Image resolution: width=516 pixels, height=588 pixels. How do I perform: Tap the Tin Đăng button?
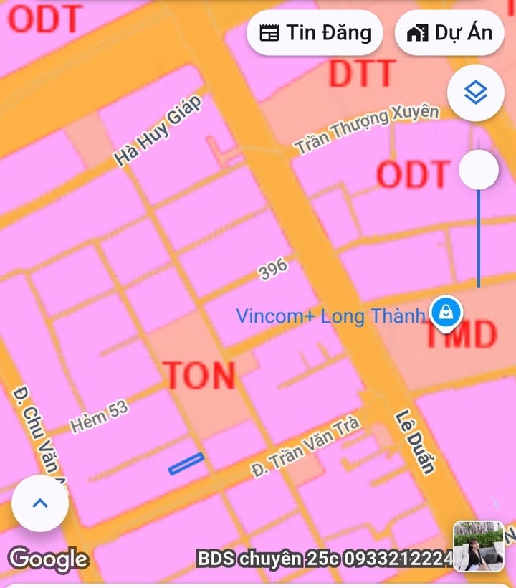click(x=315, y=33)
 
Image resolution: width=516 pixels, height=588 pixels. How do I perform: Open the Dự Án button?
click(x=449, y=33)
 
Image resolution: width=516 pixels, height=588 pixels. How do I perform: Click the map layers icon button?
click(x=475, y=93)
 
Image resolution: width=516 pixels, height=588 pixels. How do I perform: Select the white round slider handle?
click(x=478, y=170)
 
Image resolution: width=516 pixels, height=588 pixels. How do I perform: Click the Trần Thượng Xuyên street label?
click(x=366, y=130)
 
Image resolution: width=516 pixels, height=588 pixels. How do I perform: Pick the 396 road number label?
click(x=273, y=270)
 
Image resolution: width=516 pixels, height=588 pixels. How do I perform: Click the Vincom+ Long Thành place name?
click(x=330, y=316)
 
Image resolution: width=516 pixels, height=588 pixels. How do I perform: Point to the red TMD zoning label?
click(x=461, y=335)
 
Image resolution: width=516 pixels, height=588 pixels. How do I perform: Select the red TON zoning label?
click(x=199, y=376)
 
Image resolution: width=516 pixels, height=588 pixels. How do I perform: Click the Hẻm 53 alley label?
click(x=99, y=417)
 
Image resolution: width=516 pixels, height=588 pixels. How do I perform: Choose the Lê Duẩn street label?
click(x=416, y=442)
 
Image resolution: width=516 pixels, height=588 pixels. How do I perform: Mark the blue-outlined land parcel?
click(x=186, y=464)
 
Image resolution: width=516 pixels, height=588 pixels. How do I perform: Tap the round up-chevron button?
click(x=40, y=503)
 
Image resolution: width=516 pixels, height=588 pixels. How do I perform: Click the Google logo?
click(x=48, y=558)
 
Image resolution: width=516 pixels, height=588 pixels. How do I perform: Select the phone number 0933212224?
click(x=398, y=558)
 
